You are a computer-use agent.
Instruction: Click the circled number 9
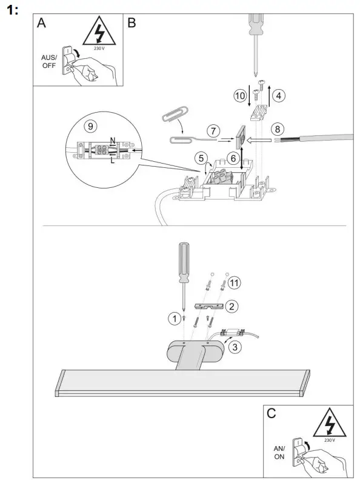click(x=90, y=126)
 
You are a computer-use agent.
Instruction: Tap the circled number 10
click(x=241, y=96)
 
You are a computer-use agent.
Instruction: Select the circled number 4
click(x=278, y=95)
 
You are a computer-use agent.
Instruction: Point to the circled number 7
click(x=212, y=130)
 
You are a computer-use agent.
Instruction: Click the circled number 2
click(x=231, y=306)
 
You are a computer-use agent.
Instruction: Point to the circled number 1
click(x=173, y=317)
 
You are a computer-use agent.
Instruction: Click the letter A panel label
click(x=41, y=23)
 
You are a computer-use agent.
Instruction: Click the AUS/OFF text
click(x=48, y=61)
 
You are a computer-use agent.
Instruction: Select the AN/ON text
click(x=279, y=452)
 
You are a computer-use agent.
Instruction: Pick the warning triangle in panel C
click(x=328, y=422)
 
